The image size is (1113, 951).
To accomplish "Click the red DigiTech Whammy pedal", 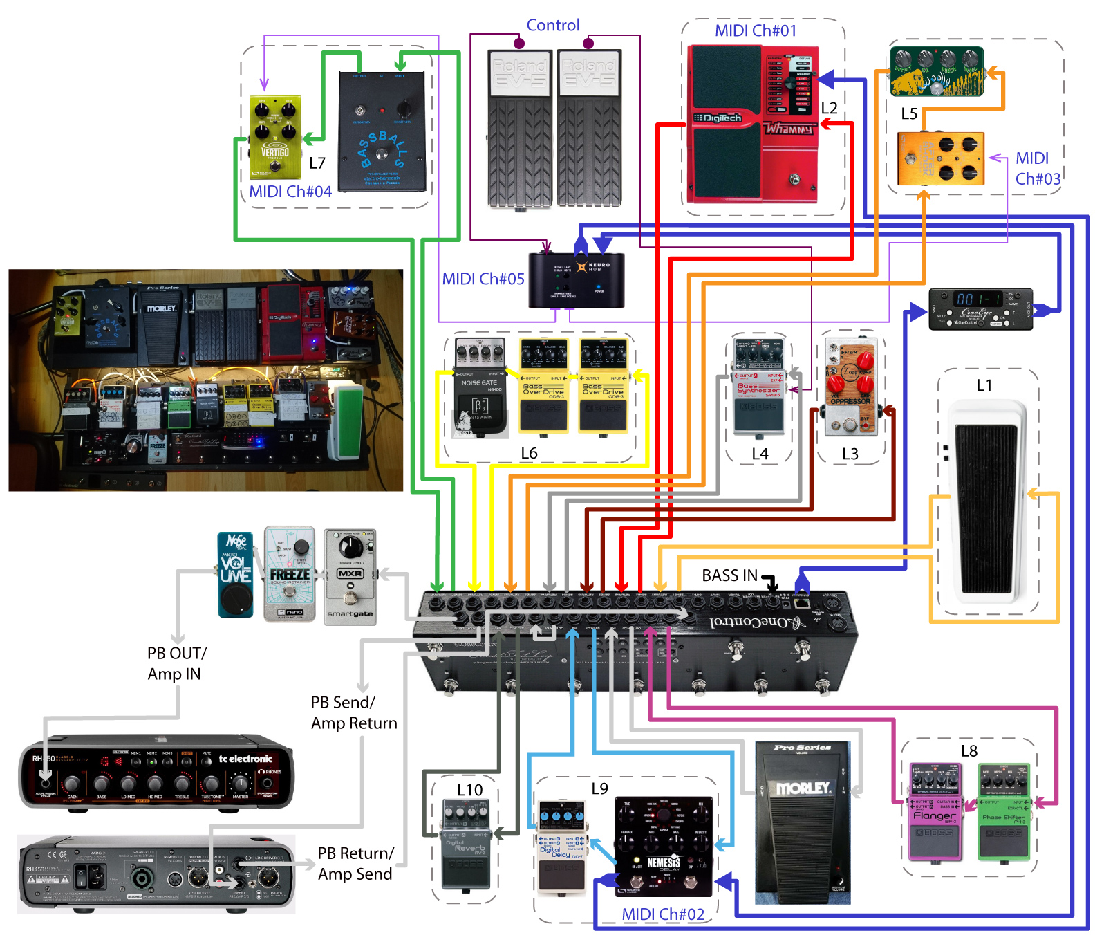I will [754, 124].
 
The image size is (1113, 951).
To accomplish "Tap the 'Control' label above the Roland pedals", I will [552, 26].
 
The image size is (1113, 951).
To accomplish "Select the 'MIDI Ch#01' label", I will [755, 31].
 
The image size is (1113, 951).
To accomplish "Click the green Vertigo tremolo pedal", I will [274, 137].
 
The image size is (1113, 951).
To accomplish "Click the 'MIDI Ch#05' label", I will [483, 279].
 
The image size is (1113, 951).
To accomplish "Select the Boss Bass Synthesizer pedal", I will [758, 388].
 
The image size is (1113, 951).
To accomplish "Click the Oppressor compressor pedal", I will [850, 388].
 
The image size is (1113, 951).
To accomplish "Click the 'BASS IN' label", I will [729, 576].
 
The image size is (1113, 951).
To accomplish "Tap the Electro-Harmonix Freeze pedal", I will [290, 574].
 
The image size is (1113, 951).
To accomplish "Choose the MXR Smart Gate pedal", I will [350, 578].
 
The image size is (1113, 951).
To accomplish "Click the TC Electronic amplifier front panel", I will [156, 772].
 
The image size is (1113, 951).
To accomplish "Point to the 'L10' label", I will [469, 791].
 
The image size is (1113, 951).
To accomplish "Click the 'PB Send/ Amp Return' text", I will [353, 713].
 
